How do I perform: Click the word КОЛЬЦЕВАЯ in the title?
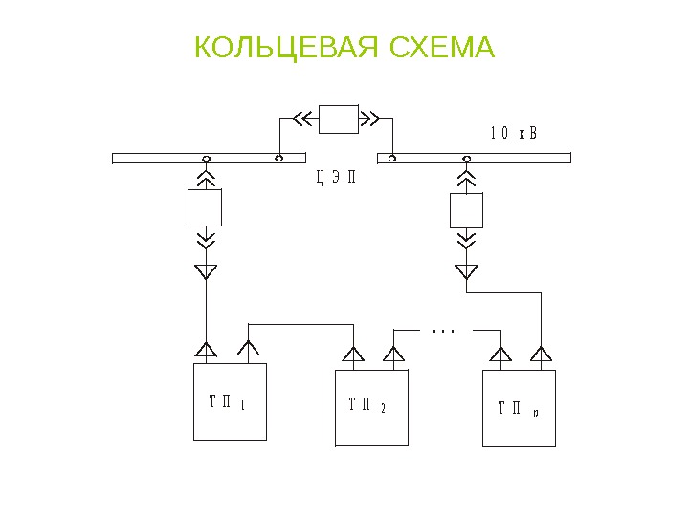coord(275,47)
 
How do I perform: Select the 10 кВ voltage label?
coord(514,133)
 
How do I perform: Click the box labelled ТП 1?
coord(230,401)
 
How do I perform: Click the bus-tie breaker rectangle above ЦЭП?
coord(338,118)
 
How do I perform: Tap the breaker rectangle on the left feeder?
coord(206,206)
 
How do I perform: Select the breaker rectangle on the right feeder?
coord(467,210)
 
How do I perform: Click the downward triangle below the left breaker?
coord(206,271)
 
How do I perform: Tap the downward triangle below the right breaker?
coord(467,271)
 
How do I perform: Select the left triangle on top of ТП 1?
coord(207,350)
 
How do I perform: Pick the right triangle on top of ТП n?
coord(542,355)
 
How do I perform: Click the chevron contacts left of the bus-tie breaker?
coord(303,118)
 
